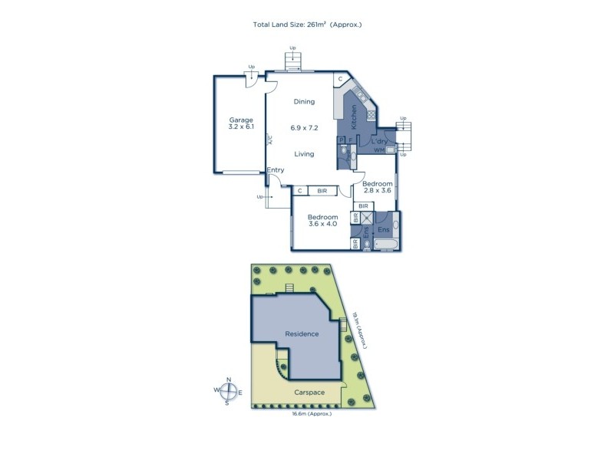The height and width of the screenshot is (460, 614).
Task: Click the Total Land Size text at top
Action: pyautogui.click(x=307, y=25)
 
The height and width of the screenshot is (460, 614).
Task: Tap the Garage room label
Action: pyautogui.click(x=241, y=120)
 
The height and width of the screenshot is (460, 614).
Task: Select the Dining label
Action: pyautogui.click(x=305, y=102)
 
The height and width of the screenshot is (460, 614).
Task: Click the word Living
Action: pyautogui.click(x=305, y=154)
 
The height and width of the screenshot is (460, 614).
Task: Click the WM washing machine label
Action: pyautogui.click(x=378, y=151)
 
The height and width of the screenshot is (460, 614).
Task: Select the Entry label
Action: pyautogui.click(x=276, y=170)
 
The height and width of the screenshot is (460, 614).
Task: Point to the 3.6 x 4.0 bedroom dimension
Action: pyautogui.click(x=322, y=225)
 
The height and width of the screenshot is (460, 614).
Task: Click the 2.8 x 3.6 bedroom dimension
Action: pyautogui.click(x=378, y=192)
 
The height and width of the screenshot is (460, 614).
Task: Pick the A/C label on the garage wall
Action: pyautogui.click(x=269, y=140)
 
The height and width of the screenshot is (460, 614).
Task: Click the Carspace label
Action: pyautogui.click(x=310, y=392)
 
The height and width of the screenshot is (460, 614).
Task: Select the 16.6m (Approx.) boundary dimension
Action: pyautogui.click(x=311, y=414)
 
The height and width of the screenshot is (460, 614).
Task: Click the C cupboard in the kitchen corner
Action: pyautogui.click(x=338, y=79)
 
